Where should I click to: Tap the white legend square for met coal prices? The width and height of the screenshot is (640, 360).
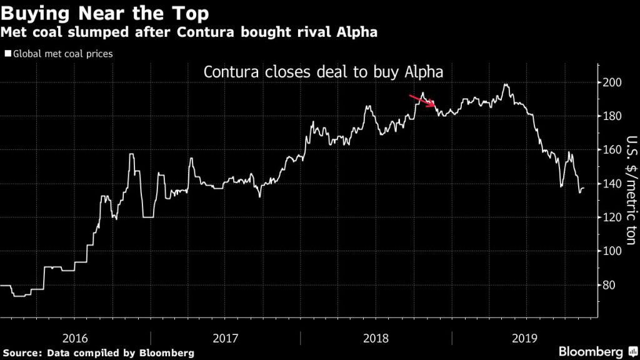point(7,54)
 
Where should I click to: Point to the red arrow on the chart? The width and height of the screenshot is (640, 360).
point(422,101)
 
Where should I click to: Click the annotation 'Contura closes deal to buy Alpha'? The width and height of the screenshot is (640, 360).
point(324,72)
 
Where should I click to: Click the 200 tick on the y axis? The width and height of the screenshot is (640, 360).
point(612,82)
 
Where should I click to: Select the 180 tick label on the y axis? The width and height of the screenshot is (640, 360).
point(612,116)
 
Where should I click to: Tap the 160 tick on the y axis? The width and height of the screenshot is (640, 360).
point(612,150)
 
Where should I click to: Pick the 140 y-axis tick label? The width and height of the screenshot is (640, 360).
point(612,184)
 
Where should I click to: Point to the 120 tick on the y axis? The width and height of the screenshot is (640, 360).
point(612,217)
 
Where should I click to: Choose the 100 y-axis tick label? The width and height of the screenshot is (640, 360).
point(612,251)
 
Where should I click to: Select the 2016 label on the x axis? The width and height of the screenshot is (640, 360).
point(74,337)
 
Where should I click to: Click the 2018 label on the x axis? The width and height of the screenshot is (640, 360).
point(376,337)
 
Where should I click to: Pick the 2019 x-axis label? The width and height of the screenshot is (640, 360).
point(525,337)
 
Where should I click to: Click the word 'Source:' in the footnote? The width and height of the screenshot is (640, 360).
point(23,353)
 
